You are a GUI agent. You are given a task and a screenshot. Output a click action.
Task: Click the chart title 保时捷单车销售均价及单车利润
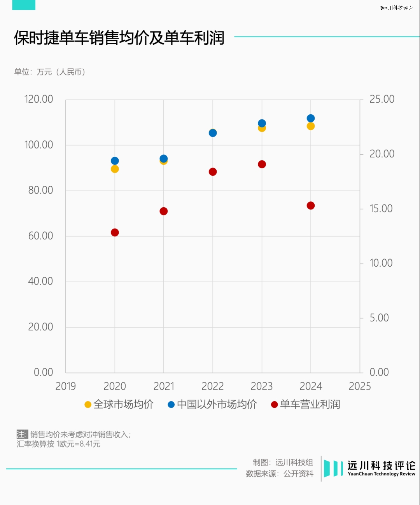[119, 38]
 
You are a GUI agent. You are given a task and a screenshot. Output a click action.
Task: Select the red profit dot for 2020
[115, 232]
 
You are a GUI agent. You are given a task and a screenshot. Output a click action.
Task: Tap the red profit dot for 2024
[311, 206]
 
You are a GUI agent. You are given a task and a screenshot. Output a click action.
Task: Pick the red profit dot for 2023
[262, 164]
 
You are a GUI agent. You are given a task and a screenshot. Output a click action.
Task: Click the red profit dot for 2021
[164, 211]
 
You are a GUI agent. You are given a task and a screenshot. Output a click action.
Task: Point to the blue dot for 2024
[311, 118]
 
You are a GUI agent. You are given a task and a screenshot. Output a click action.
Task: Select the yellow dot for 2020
[115, 169]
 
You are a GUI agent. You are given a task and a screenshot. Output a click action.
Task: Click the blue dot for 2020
[115, 161]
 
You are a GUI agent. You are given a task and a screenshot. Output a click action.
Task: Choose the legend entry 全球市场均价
[119, 404]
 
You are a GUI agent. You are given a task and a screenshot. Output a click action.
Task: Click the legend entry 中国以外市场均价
[212, 404]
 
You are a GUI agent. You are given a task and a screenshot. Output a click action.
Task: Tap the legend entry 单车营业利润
[306, 404]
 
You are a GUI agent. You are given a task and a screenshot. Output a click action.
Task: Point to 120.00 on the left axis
[39, 99]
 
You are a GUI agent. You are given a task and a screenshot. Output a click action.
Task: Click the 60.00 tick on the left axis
[40, 236]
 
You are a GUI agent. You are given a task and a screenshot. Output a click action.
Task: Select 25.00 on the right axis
[381, 99]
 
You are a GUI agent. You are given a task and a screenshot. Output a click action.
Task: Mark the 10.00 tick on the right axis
[381, 263]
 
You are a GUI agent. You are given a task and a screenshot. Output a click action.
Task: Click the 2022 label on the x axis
[213, 386]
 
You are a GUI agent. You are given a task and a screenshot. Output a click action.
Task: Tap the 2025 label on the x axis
[360, 386]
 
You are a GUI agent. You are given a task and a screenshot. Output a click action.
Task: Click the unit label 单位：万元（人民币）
[50, 72]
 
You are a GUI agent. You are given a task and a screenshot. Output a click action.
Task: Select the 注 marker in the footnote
[22, 434]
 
